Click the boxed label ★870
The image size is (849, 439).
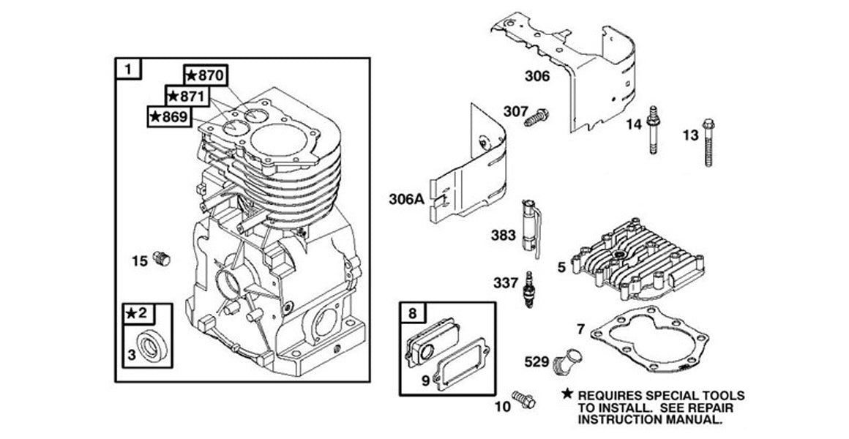tap(206, 75)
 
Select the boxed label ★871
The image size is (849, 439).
tap(187, 96)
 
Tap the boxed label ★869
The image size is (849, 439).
tap(170, 116)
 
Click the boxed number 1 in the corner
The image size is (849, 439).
tap(128, 70)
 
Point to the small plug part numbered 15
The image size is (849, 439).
tap(163, 259)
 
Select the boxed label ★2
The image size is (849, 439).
tap(137, 313)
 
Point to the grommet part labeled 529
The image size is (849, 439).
tap(568, 361)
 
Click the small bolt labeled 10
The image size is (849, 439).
tap(524, 399)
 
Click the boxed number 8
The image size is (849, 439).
tap(412, 313)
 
